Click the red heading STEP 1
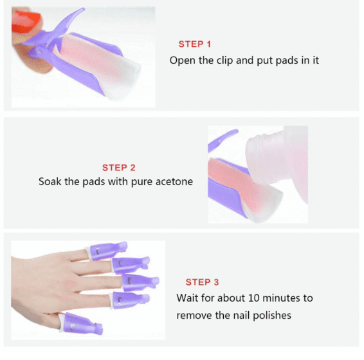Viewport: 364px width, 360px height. click(194, 44)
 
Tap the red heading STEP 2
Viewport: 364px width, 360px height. click(118, 168)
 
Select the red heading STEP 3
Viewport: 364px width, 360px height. click(202, 282)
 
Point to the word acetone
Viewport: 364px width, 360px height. click(174, 181)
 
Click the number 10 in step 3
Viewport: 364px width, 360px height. click(254, 298)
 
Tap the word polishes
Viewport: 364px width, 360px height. click(272, 316)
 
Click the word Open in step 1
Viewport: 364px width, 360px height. click(182, 60)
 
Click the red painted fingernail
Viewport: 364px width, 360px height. click(25, 22)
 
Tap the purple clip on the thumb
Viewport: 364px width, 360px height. click(81, 323)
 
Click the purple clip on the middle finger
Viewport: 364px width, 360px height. click(140, 282)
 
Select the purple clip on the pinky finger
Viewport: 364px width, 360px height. click(107, 251)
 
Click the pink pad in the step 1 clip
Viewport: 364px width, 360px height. click(91, 60)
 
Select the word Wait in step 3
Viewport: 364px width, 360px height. click(187, 298)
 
